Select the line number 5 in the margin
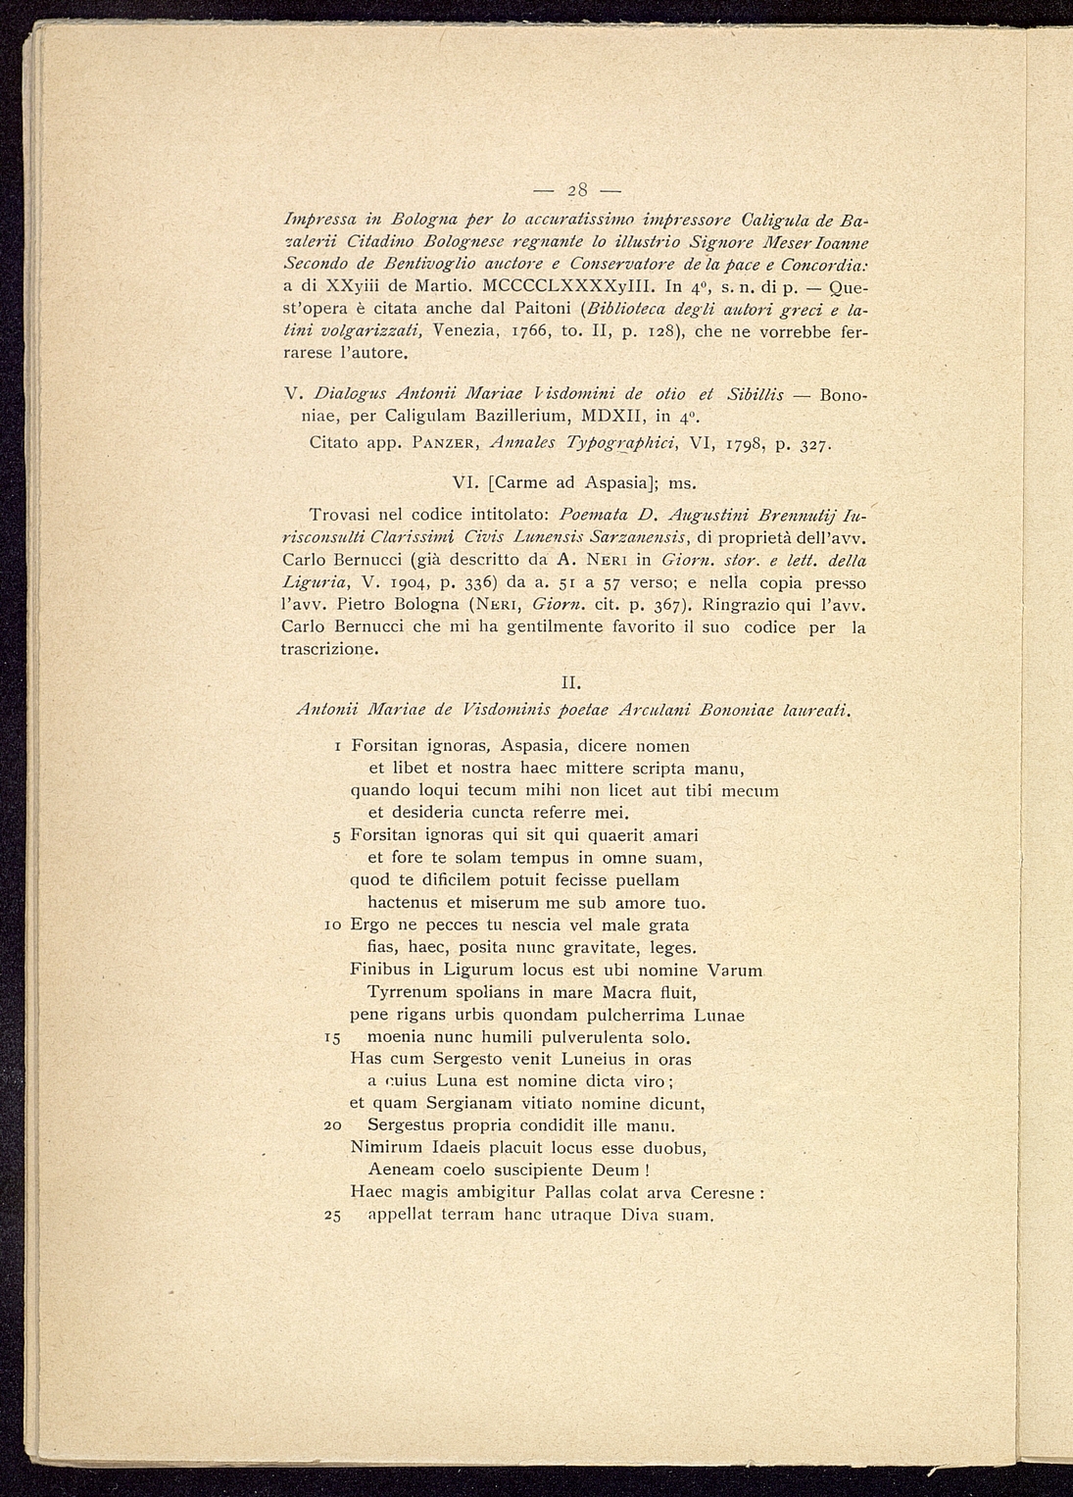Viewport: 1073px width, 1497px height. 335,836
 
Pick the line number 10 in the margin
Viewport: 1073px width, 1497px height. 332,925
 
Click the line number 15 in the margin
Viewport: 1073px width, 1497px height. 332,1037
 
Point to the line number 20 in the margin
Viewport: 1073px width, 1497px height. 331,1126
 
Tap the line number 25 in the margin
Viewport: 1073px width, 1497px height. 331,1216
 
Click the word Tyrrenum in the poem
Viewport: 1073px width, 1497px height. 407,992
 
